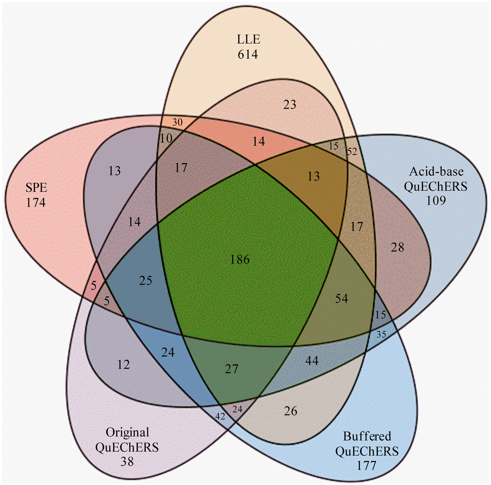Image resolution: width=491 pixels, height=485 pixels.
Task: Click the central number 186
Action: coord(240,259)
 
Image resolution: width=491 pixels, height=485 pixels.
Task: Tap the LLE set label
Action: coord(248,40)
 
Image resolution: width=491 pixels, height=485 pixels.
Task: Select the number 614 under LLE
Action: coord(248,54)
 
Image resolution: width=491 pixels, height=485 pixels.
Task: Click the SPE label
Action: coord(36,188)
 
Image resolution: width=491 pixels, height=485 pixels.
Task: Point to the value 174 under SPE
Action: coord(36,203)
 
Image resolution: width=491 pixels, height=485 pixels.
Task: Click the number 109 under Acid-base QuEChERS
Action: coord(436,200)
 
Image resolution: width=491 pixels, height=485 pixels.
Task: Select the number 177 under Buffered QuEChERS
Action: coord(366,466)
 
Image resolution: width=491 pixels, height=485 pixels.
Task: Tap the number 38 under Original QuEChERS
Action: coord(127,461)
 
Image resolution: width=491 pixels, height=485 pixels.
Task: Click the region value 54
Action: coord(341,299)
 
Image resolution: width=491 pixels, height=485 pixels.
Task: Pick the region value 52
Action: coord(352,152)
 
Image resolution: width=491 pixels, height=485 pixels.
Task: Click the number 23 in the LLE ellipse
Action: coord(289,105)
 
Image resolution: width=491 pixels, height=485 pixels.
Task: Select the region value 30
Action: coord(178,123)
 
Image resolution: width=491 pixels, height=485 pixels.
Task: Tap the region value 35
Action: coord(381,335)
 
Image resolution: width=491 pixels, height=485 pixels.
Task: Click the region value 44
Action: coord(312,360)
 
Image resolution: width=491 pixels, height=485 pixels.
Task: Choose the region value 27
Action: coord(232,369)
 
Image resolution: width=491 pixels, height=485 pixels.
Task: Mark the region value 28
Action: coord(398,247)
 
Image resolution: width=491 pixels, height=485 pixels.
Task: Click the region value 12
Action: coord(123,365)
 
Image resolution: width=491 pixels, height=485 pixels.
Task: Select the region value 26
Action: coord(291,411)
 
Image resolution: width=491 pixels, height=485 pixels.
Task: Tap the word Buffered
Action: coord(367,436)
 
